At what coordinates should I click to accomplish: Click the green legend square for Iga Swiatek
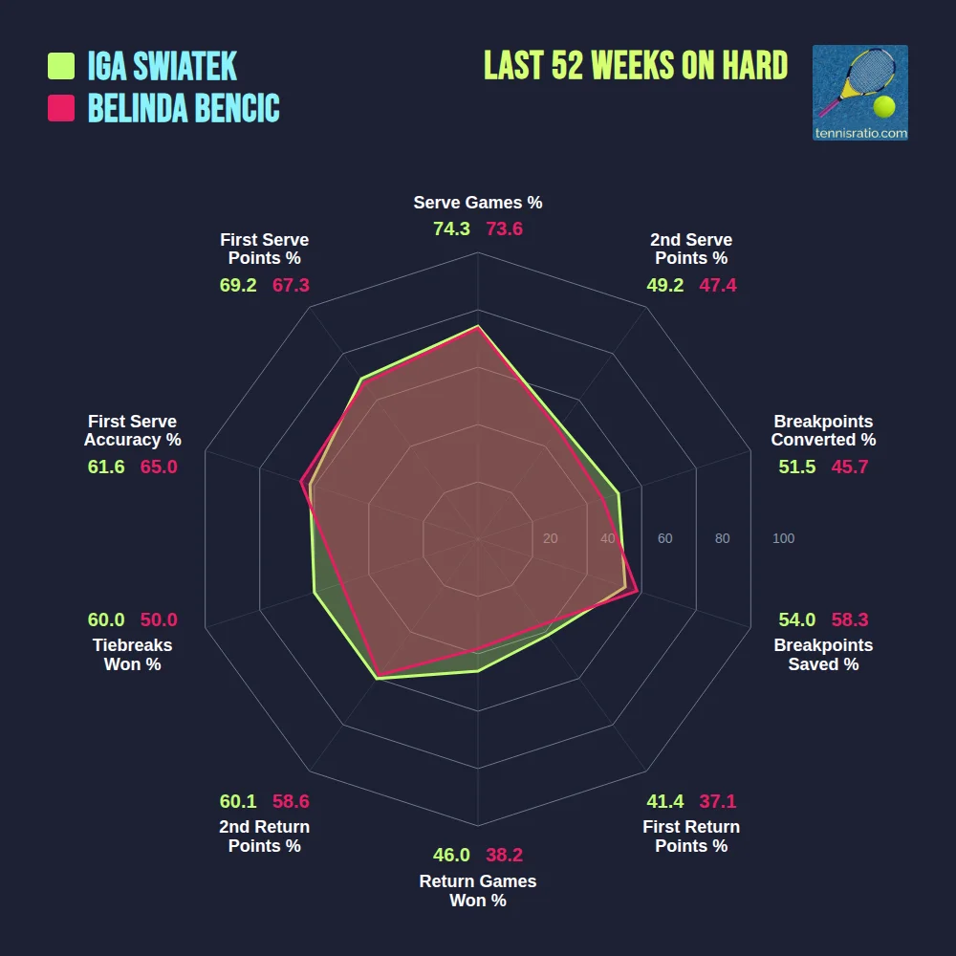pyautogui.click(x=61, y=66)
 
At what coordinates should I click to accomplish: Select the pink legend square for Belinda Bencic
pyautogui.click(x=61, y=108)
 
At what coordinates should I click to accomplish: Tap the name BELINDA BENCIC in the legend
pyautogui.click(x=184, y=108)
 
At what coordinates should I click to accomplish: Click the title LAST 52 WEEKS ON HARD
pyautogui.click(x=636, y=66)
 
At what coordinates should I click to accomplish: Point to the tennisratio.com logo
pyautogui.click(x=859, y=93)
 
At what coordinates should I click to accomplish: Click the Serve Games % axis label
pyautogui.click(x=478, y=203)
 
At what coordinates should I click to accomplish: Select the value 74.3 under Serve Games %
pyautogui.click(x=451, y=229)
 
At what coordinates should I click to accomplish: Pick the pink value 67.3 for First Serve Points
pyautogui.click(x=291, y=285)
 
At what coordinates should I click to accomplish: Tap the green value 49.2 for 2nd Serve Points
pyautogui.click(x=665, y=285)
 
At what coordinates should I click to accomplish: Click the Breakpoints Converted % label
pyautogui.click(x=823, y=431)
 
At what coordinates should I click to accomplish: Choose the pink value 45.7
pyautogui.click(x=850, y=467)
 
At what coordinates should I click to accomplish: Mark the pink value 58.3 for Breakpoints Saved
pyautogui.click(x=850, y=619)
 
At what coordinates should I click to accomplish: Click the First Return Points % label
pyautogui.click(x=691, y=836)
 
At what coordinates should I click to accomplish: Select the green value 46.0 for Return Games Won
pyautogui.click(x=451, y=856)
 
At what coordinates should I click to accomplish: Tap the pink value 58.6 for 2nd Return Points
pyautogui.click(x=291, y=801)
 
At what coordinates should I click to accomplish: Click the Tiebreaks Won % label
pyautogui.click(x=132, y=655)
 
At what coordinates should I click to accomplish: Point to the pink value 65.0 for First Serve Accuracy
pyautogui.click(x=159, y=467)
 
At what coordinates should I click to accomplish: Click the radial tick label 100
pyautogui.click(x=783, y=539)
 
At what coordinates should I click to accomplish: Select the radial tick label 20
pyautogui.click(x=550, y=539)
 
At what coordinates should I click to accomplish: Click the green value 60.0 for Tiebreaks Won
pyautogui.click(x=106, y=619)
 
